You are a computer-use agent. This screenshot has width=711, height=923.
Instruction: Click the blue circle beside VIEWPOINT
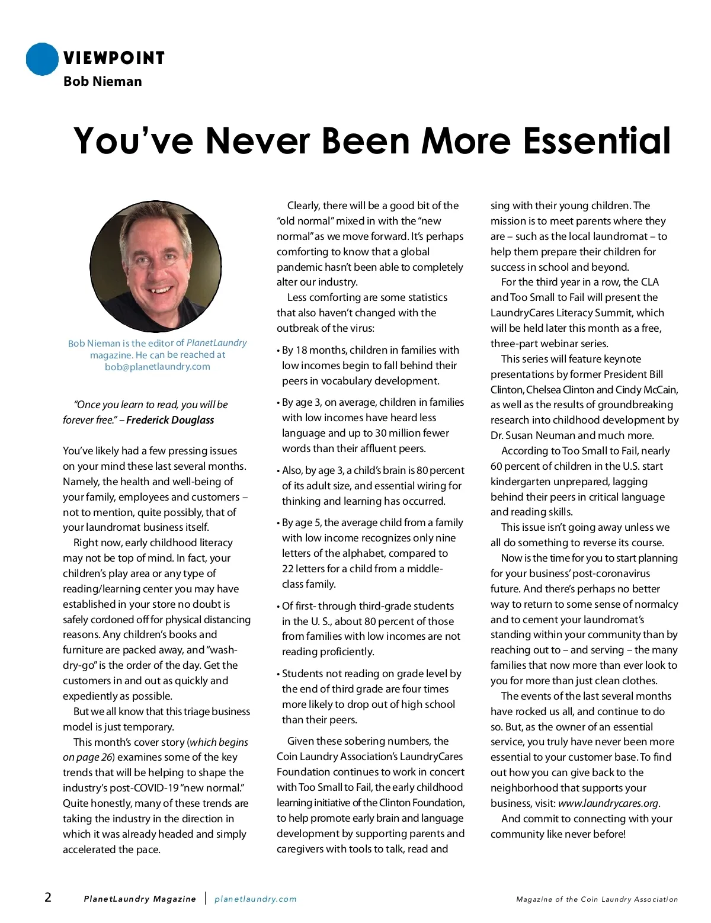42,59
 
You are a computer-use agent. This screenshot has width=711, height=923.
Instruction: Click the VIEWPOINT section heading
114,58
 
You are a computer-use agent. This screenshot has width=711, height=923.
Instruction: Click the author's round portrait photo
156,266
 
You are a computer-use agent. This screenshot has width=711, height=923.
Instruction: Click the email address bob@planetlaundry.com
158,367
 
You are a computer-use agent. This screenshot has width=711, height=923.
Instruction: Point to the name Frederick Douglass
170,420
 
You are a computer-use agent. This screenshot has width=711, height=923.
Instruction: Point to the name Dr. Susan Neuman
533,435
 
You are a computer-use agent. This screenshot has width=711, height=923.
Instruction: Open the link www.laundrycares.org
608,803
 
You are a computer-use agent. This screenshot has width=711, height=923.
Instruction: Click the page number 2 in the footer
48,897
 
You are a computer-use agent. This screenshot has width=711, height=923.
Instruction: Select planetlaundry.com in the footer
255,899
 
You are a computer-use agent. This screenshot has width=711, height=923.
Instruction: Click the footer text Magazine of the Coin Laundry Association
597,899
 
